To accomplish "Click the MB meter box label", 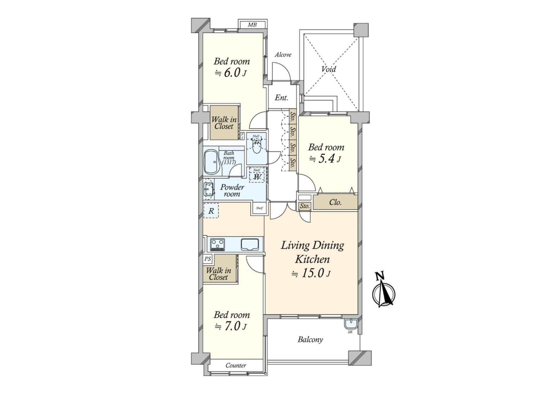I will [252, 25].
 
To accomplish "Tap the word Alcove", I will [283, 55].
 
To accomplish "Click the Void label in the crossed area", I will [329, 69].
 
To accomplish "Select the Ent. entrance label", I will [281, 98].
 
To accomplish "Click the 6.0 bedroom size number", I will [232, 73].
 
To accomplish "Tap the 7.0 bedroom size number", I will [232, 326].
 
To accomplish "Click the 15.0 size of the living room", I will [313, 273].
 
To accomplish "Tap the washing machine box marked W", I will [257, 177].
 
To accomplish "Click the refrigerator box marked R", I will [211, 211].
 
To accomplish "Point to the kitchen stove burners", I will [218, 244].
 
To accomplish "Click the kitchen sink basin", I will [250, 244].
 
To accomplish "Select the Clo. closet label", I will [335, 202].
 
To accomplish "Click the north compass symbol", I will [384, 293].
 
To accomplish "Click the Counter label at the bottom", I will [236, 366].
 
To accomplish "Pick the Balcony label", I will [310, 339].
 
